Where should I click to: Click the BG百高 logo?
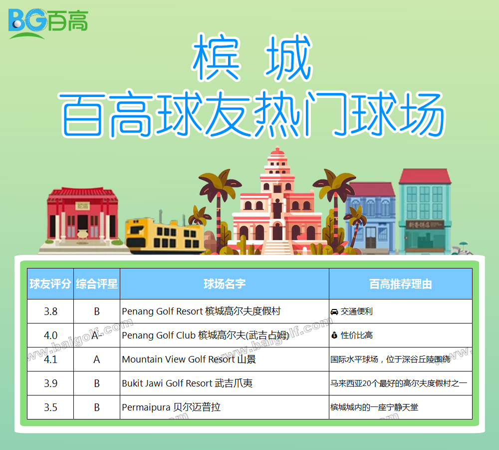tap(48, 23)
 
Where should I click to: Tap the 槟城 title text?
tap(252, 57)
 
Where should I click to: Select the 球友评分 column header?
tap(50, 284)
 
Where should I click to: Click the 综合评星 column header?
tap(97, 284)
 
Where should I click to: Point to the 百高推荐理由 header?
tap(400, 284)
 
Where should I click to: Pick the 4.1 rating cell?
tap(50, 359)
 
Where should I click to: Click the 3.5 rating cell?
tap(50, 407)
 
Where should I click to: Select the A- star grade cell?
tap(97, 335)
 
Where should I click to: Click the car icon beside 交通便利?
tap(334, 311)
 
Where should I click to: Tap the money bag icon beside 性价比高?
tap(334, 335)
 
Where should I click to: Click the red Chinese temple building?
tap(82, 217)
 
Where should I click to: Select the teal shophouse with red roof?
tap(425, 210)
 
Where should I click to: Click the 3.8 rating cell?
tap(50, 311)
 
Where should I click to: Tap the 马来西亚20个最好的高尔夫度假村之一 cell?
tap(398, 383)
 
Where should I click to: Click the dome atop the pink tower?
tap(277, 152)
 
